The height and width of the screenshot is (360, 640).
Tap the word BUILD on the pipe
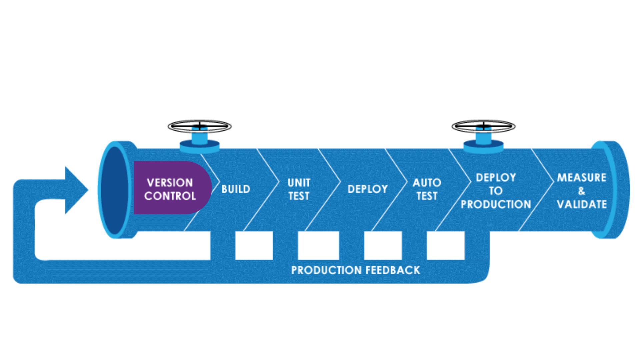click(x=236, y=189)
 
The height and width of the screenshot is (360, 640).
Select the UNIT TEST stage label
click(x=299, y=189)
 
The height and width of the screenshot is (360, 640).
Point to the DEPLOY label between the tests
click(x=367, y=189)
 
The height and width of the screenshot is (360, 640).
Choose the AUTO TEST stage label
click(x=427, y=189)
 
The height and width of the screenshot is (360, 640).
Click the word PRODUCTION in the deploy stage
click(x=496, y=204)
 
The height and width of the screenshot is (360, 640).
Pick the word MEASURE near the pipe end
click(x=581, y=177)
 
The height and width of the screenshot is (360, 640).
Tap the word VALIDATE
click(x=582, y=204)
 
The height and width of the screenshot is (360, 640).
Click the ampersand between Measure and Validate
click(x=582, y=191)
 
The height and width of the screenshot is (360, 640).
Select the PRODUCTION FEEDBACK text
click(x=355, y=270)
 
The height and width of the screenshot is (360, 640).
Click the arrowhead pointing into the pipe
click(x=76, y=190)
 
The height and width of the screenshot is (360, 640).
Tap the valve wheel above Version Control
click(x=199, y=127)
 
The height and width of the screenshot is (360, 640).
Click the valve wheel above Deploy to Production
click(x=483, y=127)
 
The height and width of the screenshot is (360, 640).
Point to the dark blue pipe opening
click(x=114, y=190)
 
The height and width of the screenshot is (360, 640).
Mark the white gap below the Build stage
click(x=254, y=245)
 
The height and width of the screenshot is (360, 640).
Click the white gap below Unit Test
click(x=318, y=245)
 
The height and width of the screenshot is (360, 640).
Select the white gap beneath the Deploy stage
click(x=383, y=245)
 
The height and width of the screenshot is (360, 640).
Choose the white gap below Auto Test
click(x=445, y=245)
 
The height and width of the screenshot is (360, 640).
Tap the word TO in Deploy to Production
click(x=496, y=191)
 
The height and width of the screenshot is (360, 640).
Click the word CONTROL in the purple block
click(x=170, y=196)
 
